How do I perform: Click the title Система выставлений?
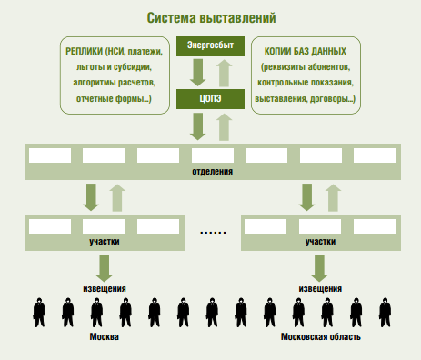point(210,17)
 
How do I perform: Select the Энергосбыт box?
point(210,45)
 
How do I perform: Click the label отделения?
point(210,170)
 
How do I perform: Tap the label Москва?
point(104,337)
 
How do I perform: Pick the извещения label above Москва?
point(104,288)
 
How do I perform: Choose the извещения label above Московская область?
point(320,288)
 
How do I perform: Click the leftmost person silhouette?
point(39,312)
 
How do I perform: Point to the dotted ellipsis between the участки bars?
point(212,232)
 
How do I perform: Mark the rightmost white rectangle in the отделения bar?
point(375,155)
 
